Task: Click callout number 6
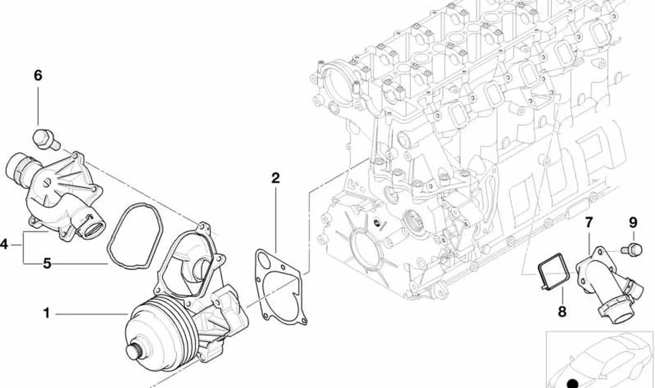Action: pos(38,75)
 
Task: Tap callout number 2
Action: pos(275,178)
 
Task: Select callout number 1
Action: pos(46,313)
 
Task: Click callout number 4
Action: pos(4,244)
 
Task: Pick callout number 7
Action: pos(588,222)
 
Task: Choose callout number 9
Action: pos(633,223)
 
